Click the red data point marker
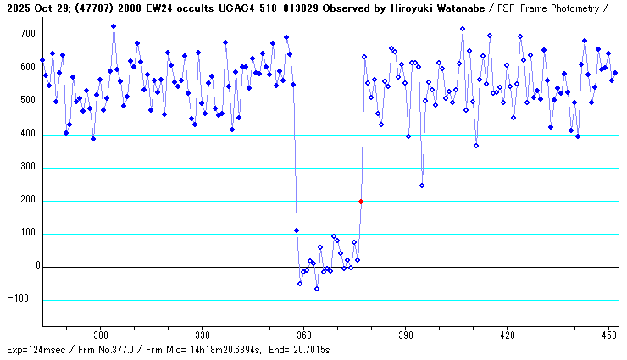point(361,202)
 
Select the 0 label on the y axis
point(36,267)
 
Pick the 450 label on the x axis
point(608,335)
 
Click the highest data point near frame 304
point(114,26)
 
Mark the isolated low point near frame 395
point(422,186)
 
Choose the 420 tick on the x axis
point(507,335)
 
